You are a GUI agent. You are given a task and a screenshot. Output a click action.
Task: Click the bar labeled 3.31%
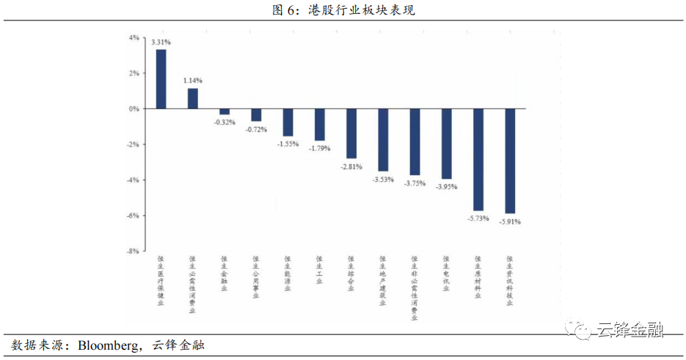click(161, 79)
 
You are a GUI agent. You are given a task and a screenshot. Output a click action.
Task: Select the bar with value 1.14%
click(193, 98)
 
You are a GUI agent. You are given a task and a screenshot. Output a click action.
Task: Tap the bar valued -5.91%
click(510, 161)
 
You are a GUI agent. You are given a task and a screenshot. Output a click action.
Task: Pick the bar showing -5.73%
click(478, 159)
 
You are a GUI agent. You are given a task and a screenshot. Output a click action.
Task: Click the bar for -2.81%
click(351, 133)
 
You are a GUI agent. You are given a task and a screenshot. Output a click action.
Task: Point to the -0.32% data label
click(225, 122)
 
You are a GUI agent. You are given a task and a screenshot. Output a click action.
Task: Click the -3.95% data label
click(446, 187)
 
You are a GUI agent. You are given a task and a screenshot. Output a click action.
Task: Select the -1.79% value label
click(320, 148)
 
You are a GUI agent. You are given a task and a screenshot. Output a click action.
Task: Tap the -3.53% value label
click(383, 180)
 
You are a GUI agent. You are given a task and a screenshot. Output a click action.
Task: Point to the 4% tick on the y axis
click(134, 37)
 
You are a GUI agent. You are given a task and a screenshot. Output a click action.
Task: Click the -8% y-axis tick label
click(132, 251)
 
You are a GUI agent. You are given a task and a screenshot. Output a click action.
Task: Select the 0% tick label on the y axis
click(134, 109)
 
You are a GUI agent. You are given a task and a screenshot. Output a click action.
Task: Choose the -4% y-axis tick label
click(132, 180)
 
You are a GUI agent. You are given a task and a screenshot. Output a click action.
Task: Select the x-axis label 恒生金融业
click(225, 272)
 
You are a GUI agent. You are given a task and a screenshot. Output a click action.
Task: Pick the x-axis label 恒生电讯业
click(446, 272)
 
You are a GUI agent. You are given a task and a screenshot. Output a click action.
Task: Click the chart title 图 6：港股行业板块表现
click(343, 10)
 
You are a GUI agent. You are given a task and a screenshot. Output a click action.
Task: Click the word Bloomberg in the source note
click(109, 345)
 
